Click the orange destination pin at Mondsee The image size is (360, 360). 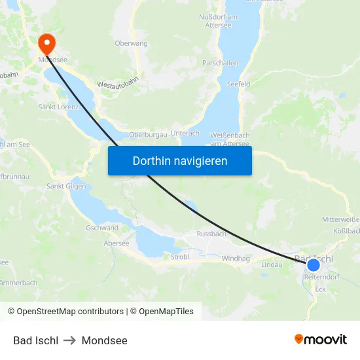47,43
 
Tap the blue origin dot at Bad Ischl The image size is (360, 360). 314,265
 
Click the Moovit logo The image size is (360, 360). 320,340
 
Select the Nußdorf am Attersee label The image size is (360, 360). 227,20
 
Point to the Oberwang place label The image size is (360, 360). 131,43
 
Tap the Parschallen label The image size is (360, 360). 220,63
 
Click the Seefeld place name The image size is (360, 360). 238,84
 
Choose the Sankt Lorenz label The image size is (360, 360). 59,107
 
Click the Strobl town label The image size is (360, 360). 179,257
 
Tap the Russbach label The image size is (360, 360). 211,234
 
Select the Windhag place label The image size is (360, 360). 236,259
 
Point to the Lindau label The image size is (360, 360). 272,264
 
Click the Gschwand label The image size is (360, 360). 102,228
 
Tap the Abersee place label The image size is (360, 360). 117,243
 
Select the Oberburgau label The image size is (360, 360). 148,134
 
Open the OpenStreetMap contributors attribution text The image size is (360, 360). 65,312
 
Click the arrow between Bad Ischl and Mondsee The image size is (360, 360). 70,340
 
